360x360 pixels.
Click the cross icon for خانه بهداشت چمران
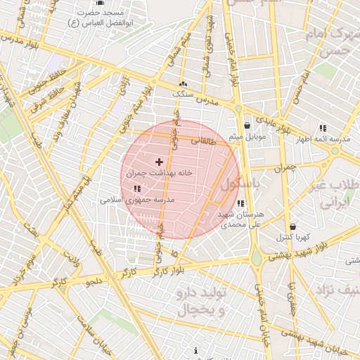pyautogui.click(x=158, y=162)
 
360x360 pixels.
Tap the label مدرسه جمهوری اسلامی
pyautogui.click(x=137, y=200)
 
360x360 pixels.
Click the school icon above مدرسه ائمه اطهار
pyautogui.click(x=323, y=129)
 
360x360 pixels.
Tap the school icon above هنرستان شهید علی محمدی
pyautogui.click(x=241, y=203)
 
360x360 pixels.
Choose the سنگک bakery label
pyautogui.click(x=182, y=92)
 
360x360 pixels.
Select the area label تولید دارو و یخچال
pyautogui.click(x=200, y=299)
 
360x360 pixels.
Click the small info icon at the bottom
pyautogui.click(x=195, y=350)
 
